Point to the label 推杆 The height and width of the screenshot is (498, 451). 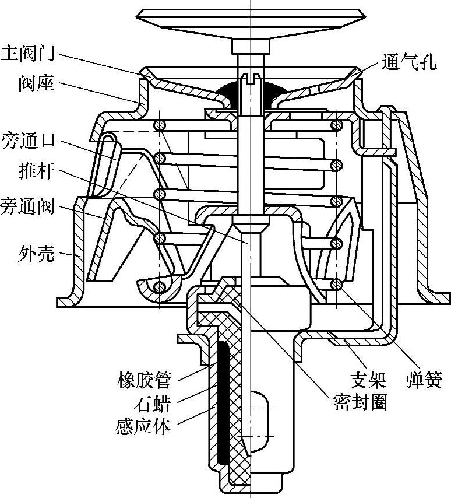point(36,174)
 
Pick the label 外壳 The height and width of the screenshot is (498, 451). point(36,254)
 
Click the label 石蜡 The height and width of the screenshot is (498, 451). point(152,404)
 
